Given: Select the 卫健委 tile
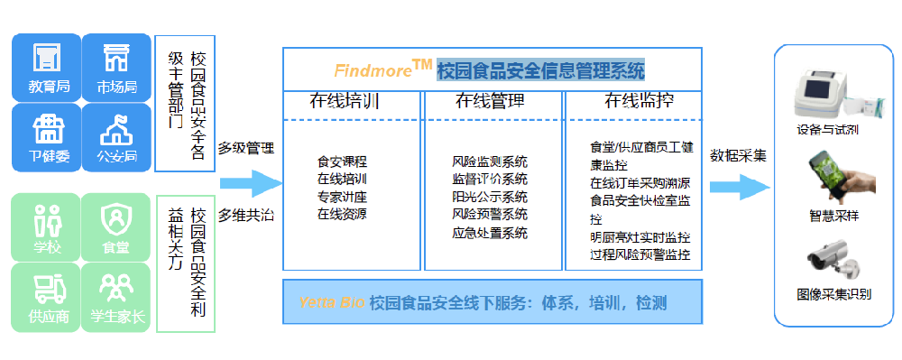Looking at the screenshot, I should [44, 137].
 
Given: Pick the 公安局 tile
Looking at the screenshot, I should [115, 137].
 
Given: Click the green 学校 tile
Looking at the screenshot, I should [44, 226].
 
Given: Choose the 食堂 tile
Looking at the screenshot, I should [115, 226].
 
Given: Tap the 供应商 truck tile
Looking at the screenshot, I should [44, 296].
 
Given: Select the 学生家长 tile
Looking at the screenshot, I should [115, 296].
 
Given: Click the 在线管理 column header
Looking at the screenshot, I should [490, 101].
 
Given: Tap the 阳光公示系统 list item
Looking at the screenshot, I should [490, 198].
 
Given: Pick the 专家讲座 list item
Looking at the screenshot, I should [342, 197].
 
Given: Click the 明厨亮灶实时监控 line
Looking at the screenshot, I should [640, 237].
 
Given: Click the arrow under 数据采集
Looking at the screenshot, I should [739, 187].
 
